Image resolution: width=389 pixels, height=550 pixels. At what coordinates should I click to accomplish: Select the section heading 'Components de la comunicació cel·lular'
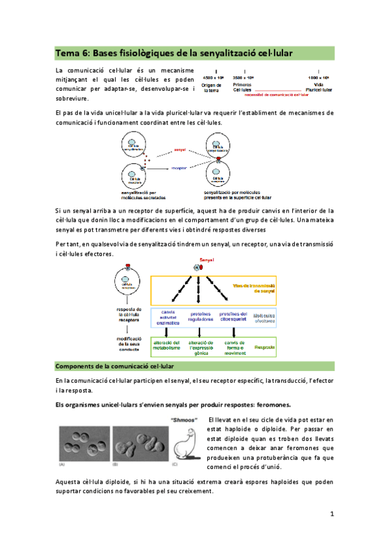(x=114, y=366)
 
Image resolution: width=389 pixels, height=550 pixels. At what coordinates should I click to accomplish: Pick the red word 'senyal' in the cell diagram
(x=181, y=149)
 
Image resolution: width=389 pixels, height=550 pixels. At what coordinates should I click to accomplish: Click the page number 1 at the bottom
(x=331, y=514)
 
